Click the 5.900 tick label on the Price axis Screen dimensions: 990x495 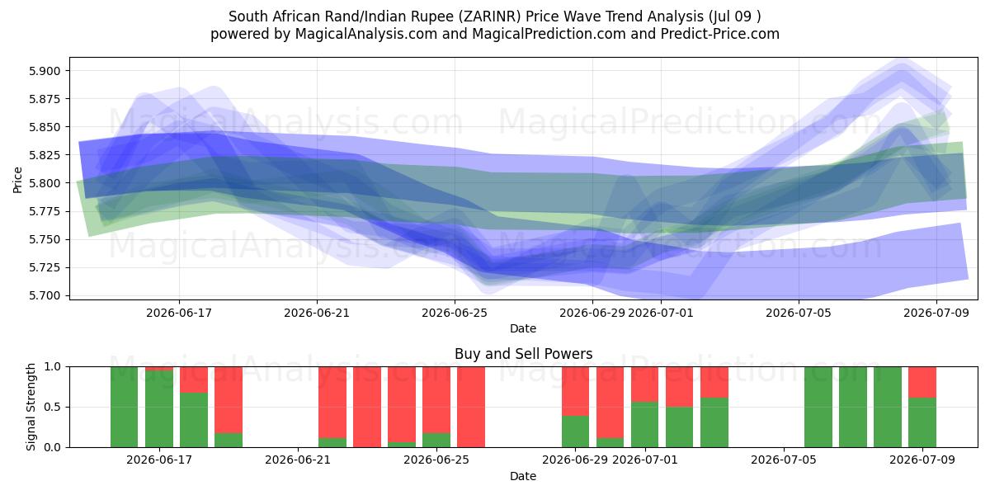point(45,71)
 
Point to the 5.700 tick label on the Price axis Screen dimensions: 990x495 point(45,295)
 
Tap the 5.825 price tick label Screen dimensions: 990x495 point(45,155)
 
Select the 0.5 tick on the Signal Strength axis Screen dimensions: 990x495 point(52,407)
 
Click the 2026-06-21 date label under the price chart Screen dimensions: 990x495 point(317,313)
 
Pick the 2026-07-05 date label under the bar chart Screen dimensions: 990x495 point(784,460)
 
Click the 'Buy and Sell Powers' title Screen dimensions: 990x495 point(523,354)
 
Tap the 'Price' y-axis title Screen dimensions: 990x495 point(17,180)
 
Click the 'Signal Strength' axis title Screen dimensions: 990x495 point(31,407)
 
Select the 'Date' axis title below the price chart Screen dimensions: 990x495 point(523,328)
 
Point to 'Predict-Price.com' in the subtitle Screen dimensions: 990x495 point(720,34)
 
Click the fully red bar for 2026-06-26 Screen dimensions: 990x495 point(471,407)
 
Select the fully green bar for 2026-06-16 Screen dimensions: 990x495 point(125,407)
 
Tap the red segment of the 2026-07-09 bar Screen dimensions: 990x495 point(922,382)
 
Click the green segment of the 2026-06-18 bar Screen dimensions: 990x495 point(194,420)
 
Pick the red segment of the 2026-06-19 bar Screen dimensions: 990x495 point(229,399)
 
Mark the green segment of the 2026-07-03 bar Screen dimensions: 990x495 point(714,422)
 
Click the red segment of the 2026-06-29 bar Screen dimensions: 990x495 point(576,391)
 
